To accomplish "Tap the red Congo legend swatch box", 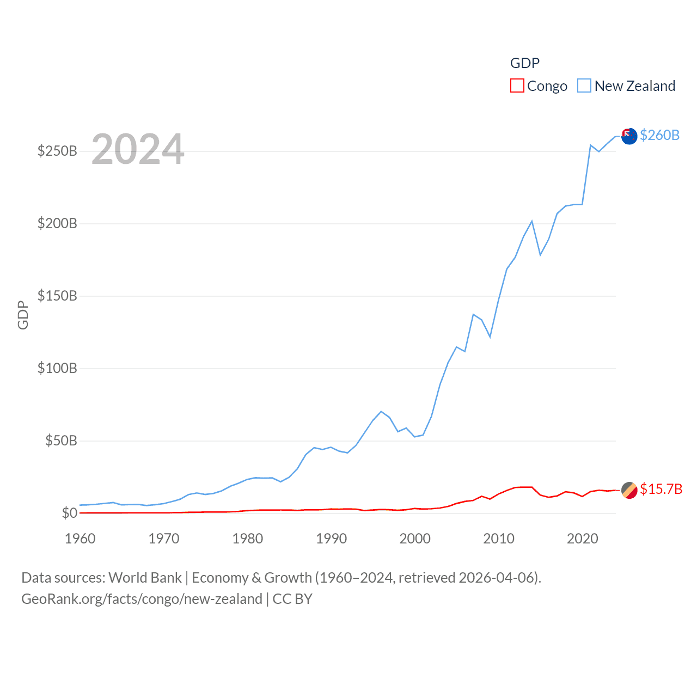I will tap(517, 86).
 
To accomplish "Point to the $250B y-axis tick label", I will tap(57, 151).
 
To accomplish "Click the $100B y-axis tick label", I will tap(57, 368).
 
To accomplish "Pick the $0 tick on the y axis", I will tap(69, 513).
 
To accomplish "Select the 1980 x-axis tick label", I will tap(247, 539).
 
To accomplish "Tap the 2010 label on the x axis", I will tap(499, 539).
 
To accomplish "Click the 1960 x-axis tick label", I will tap(80, 539).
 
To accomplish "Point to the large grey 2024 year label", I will tap(138, 149).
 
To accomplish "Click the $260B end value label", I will tap(659, 135).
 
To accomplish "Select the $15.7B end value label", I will tap(661, 489).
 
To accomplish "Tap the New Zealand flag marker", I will tap(629, 136).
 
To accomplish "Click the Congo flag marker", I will tap(629, 490).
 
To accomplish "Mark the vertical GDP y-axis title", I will tap(23, 315).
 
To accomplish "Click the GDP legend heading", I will tap(525, 63).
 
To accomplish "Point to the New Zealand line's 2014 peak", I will tap(532, 221).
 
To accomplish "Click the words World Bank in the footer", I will tap(145, 577).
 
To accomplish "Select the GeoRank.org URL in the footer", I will tap(142, 599).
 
